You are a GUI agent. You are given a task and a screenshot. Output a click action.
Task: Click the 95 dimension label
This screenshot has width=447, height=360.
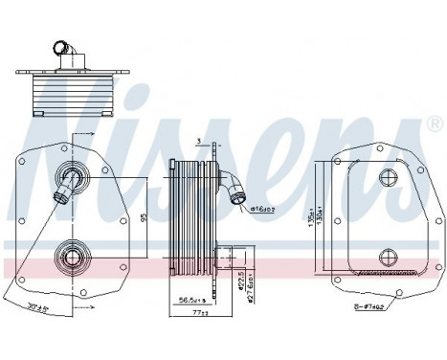(143, 216)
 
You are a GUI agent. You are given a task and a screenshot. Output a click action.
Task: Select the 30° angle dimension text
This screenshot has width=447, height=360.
(39, 307)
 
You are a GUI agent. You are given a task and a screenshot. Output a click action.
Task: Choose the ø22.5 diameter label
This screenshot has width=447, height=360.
(239, 281)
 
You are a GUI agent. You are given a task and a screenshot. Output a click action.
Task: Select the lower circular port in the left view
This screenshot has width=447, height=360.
(70, 256)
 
